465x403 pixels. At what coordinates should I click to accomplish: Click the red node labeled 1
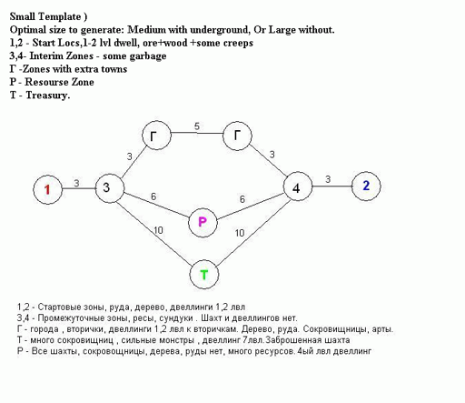tap(47, 189)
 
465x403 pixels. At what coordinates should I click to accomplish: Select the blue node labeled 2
tap(366, 186)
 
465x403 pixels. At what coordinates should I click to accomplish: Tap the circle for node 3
tap(110, 188)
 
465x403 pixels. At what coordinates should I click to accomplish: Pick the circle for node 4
tap(298, 186)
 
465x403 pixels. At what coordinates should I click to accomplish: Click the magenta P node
tap(203, 223)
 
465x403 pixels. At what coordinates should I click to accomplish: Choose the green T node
tap(204, 275)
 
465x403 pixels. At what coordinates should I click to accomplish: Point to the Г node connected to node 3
tap(156, 136)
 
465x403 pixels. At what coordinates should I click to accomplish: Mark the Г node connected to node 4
tap(237, 136)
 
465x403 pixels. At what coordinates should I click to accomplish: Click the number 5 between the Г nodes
tap(197, 126)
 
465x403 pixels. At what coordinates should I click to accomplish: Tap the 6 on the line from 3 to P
tap(153, 196)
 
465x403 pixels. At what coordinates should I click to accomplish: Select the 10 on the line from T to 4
tap(240, 233)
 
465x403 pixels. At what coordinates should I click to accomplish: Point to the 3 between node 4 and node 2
tap(328, 179)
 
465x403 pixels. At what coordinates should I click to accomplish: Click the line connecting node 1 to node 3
tap(79, 188)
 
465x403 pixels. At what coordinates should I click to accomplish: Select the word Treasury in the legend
tap(48, 96)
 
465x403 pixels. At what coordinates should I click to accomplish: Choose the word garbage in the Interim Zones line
tap(148, 56)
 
